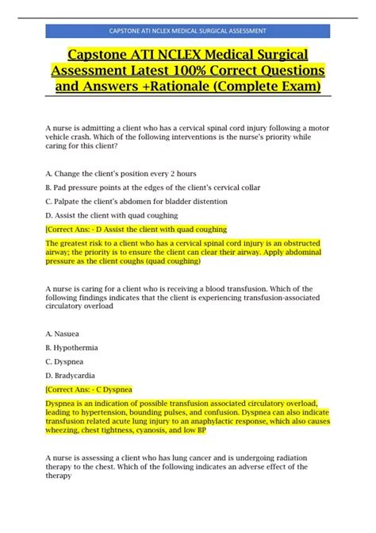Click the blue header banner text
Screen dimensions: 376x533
[x=187, y=31]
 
